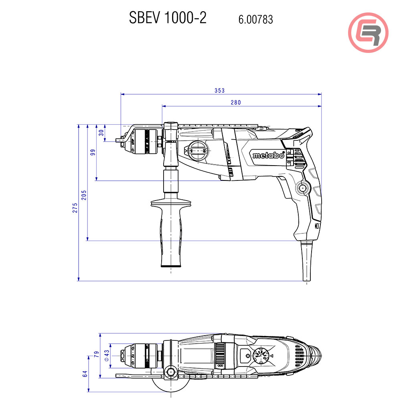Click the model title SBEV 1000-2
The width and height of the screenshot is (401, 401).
(x=168, y=18)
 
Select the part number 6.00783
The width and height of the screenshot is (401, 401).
(x=255, y=19)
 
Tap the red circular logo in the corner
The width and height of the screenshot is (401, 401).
(x=368, y=32)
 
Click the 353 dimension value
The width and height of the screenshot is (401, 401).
(x=219, y=91)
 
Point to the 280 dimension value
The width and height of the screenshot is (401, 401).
(x=235, y=103)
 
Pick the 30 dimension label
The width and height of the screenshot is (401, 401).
(x=101, y=132)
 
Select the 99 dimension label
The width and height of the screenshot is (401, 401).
(x=93, y=152)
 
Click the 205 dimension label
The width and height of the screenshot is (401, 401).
(x=84, y=195)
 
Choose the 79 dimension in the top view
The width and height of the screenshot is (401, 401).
(x=97, y=354)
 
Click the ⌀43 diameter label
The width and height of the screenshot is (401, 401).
(x=106, y=354)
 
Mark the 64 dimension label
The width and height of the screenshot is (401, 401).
(x=85, y=374)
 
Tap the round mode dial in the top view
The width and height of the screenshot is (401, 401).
(x=261, y=355)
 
